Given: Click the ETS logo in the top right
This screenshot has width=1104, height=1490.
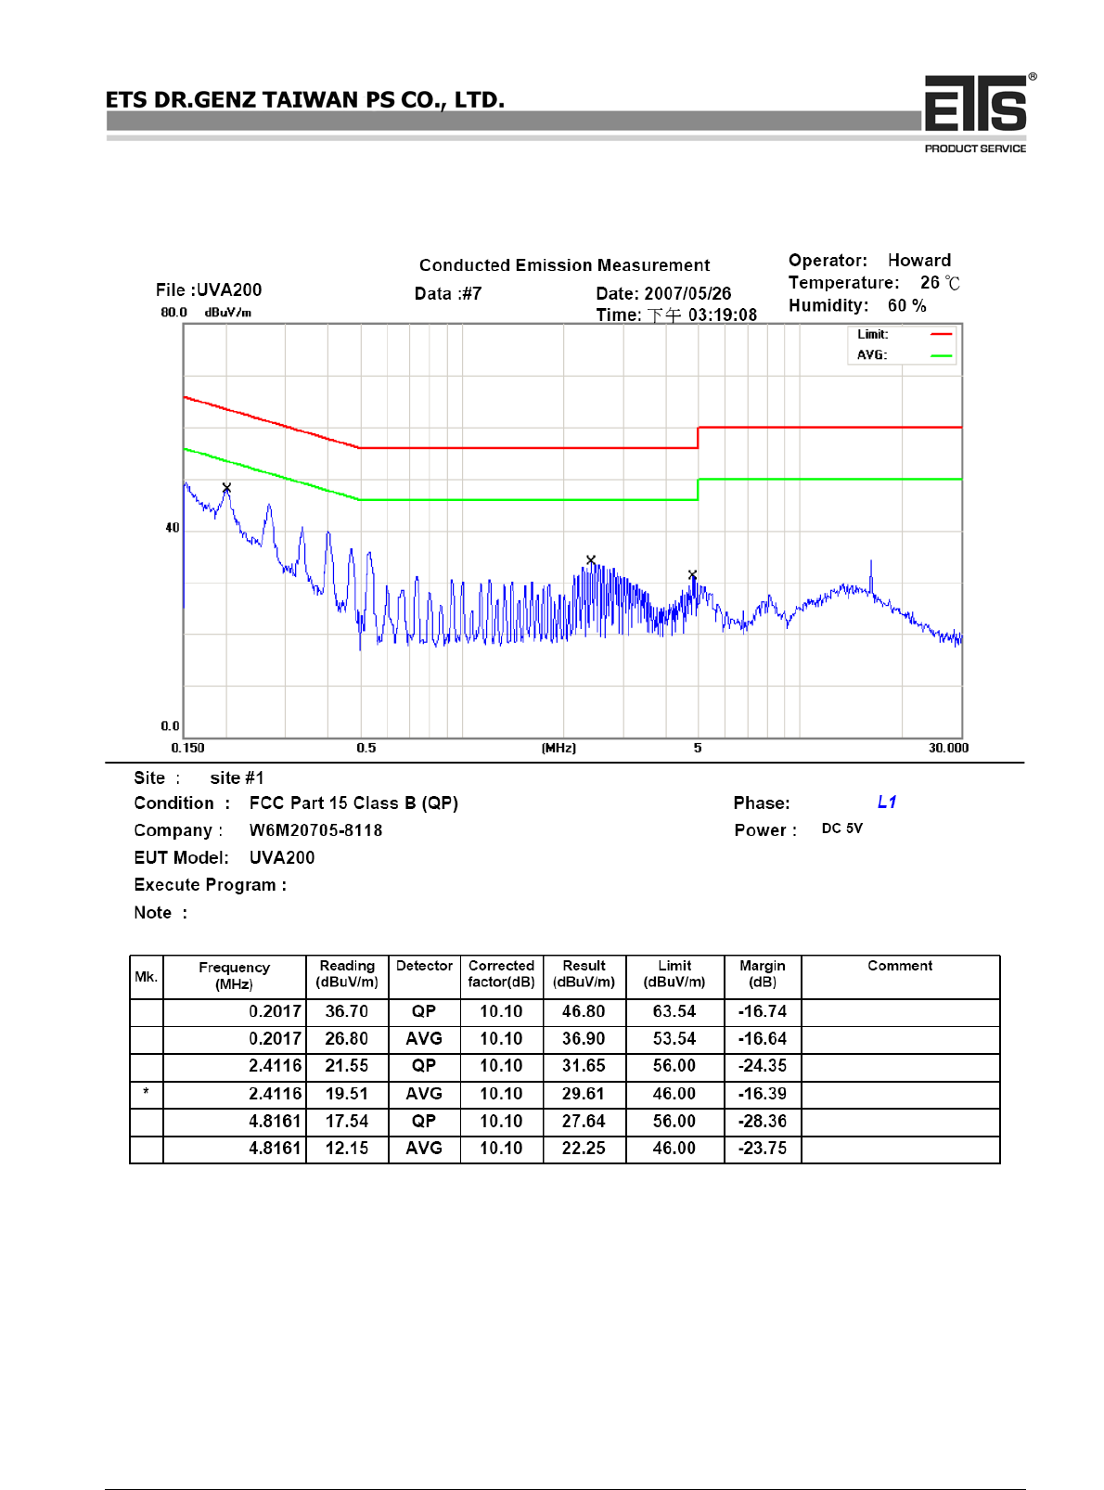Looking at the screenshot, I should click(x=977, y=108).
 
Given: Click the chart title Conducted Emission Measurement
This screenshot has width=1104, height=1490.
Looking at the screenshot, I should click(x=564, y=265).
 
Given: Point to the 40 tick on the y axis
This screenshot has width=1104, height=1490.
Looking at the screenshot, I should click(x=173, y=528).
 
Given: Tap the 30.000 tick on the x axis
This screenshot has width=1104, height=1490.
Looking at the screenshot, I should click(x=948, y=748).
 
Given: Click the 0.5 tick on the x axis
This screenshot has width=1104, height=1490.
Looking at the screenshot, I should click(x=366, y=748).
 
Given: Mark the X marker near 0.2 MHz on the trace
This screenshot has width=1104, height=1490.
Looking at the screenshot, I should click(x=226, y=487).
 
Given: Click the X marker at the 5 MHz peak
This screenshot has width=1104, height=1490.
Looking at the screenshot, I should click(x=692, y=575).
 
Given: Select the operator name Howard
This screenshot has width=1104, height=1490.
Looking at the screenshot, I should click(x=918, y=261).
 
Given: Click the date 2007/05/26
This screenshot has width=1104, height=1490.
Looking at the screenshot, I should click(x=687, y=293).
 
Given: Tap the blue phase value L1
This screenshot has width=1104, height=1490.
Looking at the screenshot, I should click(x=887, y=803).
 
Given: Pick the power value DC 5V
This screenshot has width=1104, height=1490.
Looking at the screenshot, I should click(x=841, y=828).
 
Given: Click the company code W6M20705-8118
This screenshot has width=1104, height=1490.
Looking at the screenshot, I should click(x=315, y=830).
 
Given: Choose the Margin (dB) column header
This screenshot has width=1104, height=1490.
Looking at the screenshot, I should click(x=762, y=974).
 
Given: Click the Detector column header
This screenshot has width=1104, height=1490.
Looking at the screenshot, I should click(x=424, y=966).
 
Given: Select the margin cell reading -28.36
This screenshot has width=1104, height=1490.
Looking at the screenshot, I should click(x=762, y=1122).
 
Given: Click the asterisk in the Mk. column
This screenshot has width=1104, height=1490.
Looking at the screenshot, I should click(x=146, y=1093).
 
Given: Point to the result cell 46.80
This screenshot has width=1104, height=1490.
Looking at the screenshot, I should click(x=583, y=1012).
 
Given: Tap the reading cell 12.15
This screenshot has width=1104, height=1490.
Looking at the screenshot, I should click(x=346, y=1149).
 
